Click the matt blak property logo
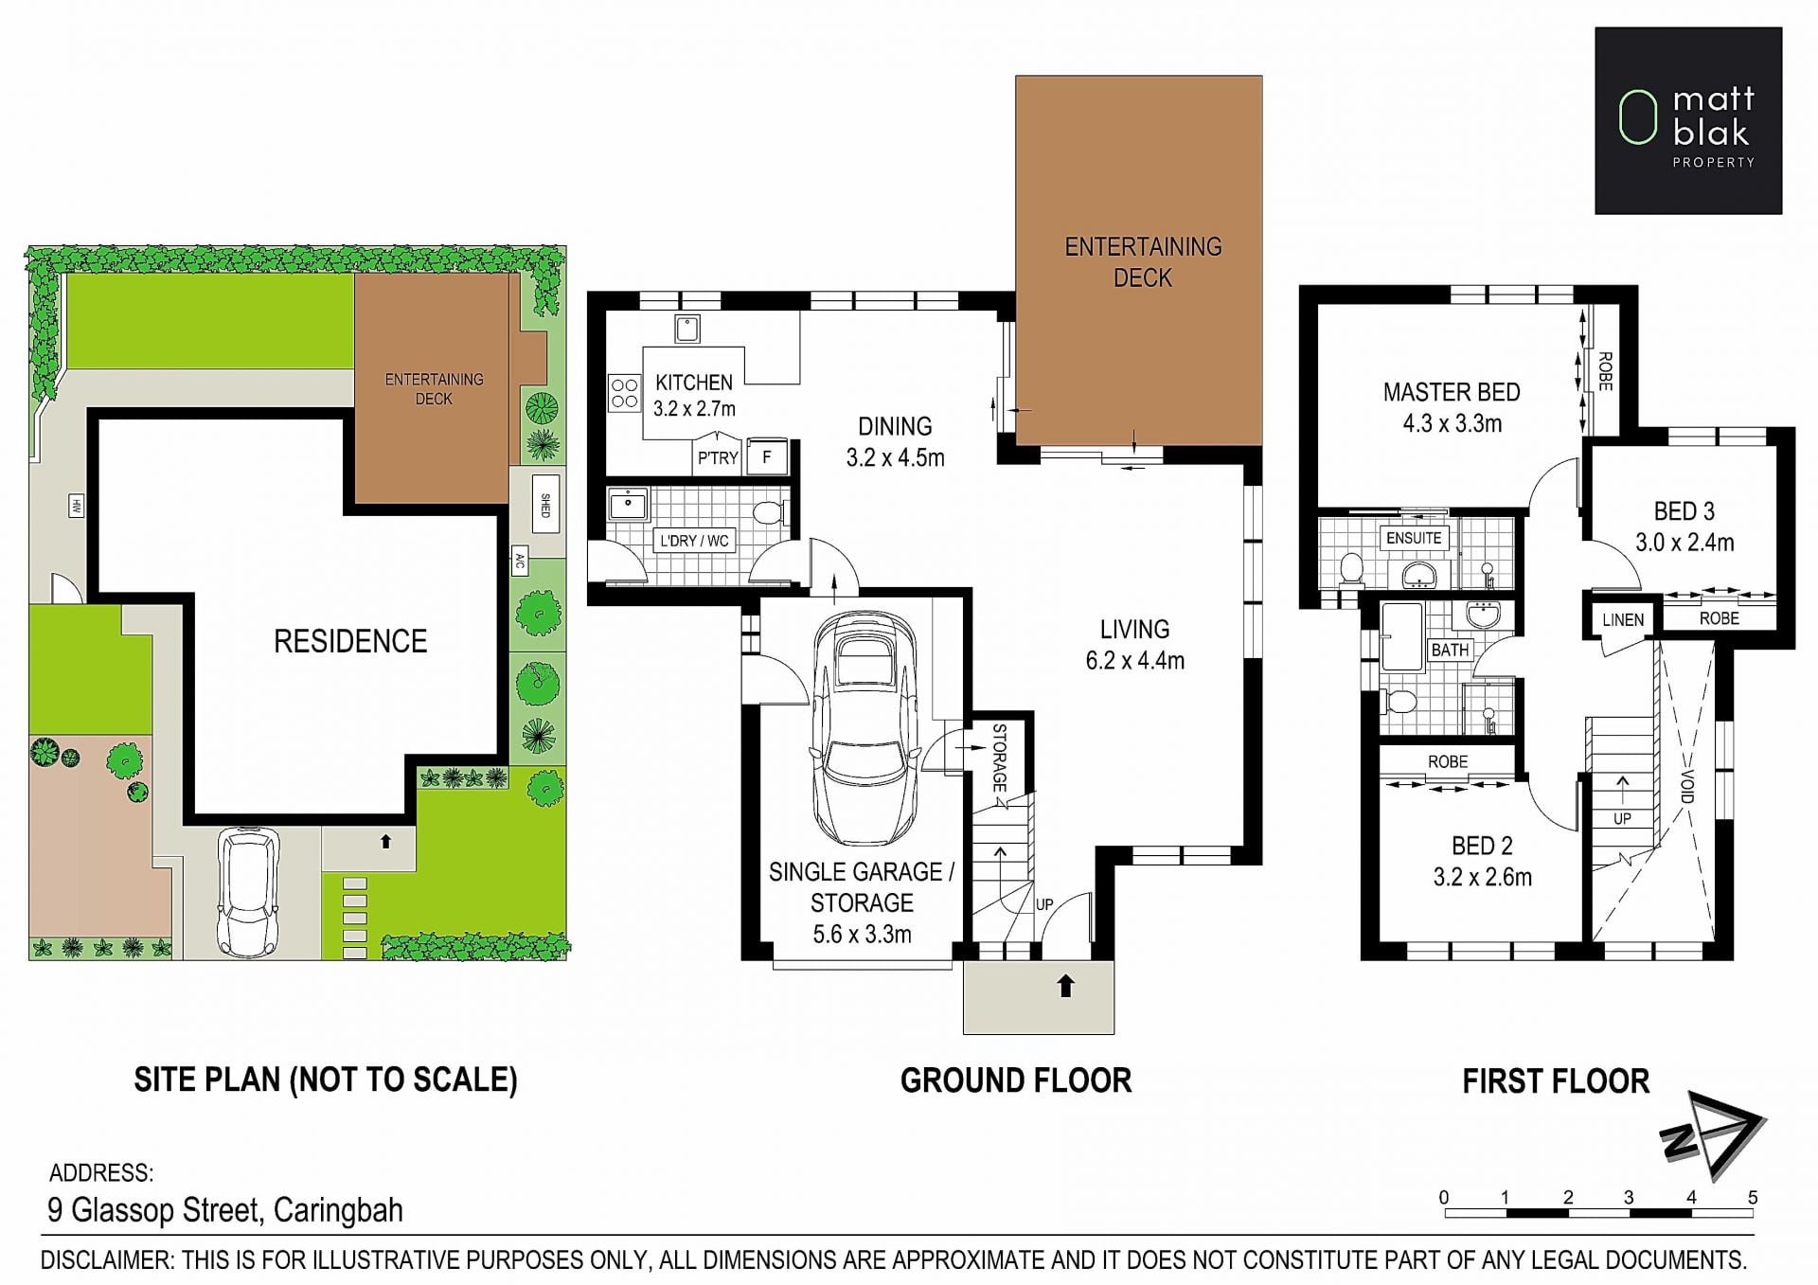coord(1688,120)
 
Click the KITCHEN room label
coord(694,383)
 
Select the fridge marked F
coord(767,456)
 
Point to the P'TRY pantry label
coord(718,458)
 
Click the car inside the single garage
coord(864,727)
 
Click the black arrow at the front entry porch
coord(1066,986)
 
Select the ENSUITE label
coord(1414,538)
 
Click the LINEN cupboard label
coord(1623,620)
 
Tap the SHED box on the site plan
coord(545,505)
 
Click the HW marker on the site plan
coord(77,507)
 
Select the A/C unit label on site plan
coord(519,562)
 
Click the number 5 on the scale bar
coord(1753,1198)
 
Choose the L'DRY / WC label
coord(695,541)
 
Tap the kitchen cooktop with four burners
coord(624,394)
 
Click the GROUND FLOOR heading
coord(1016,1080)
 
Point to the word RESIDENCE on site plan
coord(350,642)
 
